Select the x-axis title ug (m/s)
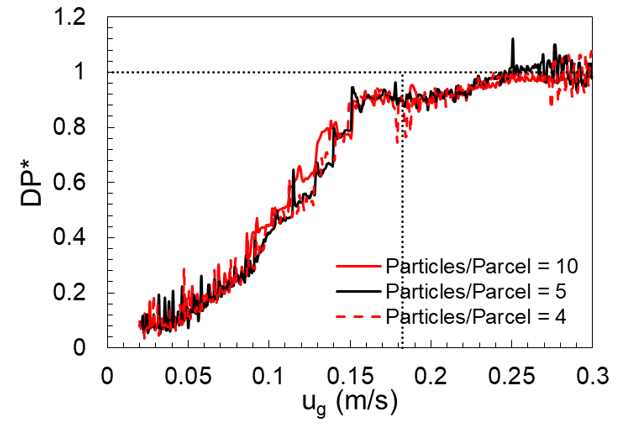(x=350, y=403)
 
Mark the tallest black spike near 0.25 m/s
(x=513, y=39)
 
